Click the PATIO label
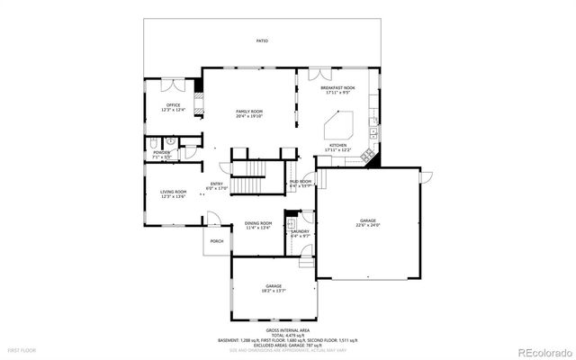pos(262,41)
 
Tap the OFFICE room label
pos(173,105)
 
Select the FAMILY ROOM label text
pos(249,111)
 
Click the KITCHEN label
pos(338,145)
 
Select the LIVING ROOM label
pos(173,192)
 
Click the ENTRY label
pos(217,185)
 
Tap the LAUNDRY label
pos(300,231)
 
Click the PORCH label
pos(217,241)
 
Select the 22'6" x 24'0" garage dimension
pos(369,227)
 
